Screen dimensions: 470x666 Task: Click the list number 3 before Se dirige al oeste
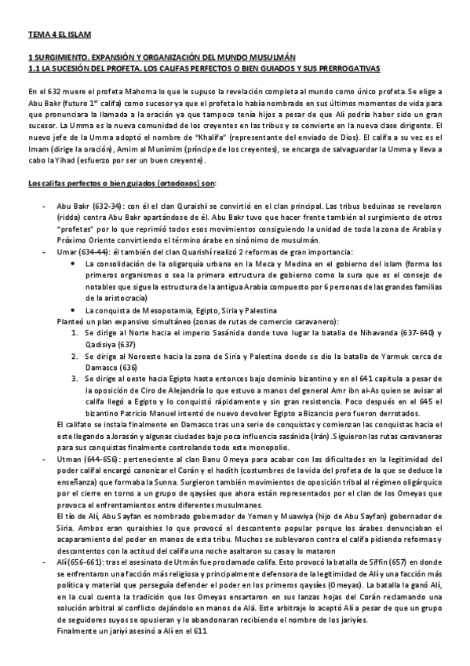[x=74, y=378]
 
